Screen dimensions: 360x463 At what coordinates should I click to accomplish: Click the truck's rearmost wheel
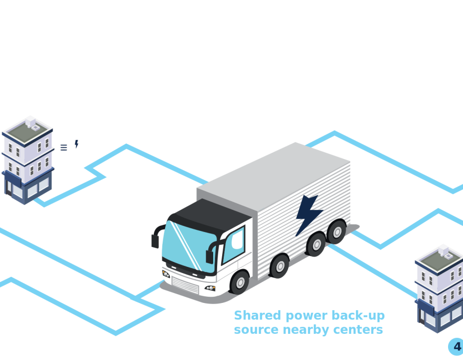click(336, 231)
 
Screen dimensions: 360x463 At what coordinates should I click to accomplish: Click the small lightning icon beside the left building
click(77, 144)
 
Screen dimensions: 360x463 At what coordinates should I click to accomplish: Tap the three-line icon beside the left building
click(64, 148)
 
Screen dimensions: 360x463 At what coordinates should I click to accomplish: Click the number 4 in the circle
click(456, 346)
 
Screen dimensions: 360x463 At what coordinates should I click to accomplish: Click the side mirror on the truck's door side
click(210, 254)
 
